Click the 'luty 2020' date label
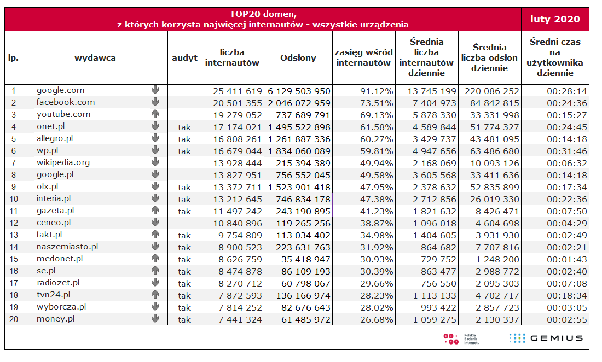(555, 19)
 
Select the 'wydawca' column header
(95, 58)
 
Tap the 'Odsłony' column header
(298, 58)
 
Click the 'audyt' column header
(184, 59)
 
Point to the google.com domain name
(60, 91)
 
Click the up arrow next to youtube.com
(155, 114)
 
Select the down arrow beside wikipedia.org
(155, 162)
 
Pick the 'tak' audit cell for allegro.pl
(184, 139)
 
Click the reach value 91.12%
(377, 91)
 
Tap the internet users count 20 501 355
(238, 103)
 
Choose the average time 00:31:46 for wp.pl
(566, 151)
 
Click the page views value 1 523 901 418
(299, 187)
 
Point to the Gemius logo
(546, 338)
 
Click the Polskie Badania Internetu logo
(461, 339)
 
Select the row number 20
(14, 319)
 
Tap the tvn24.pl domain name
(54, 295)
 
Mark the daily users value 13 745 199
(432, 91)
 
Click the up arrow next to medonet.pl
(155, 258)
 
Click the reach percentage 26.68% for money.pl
(377, 319)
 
